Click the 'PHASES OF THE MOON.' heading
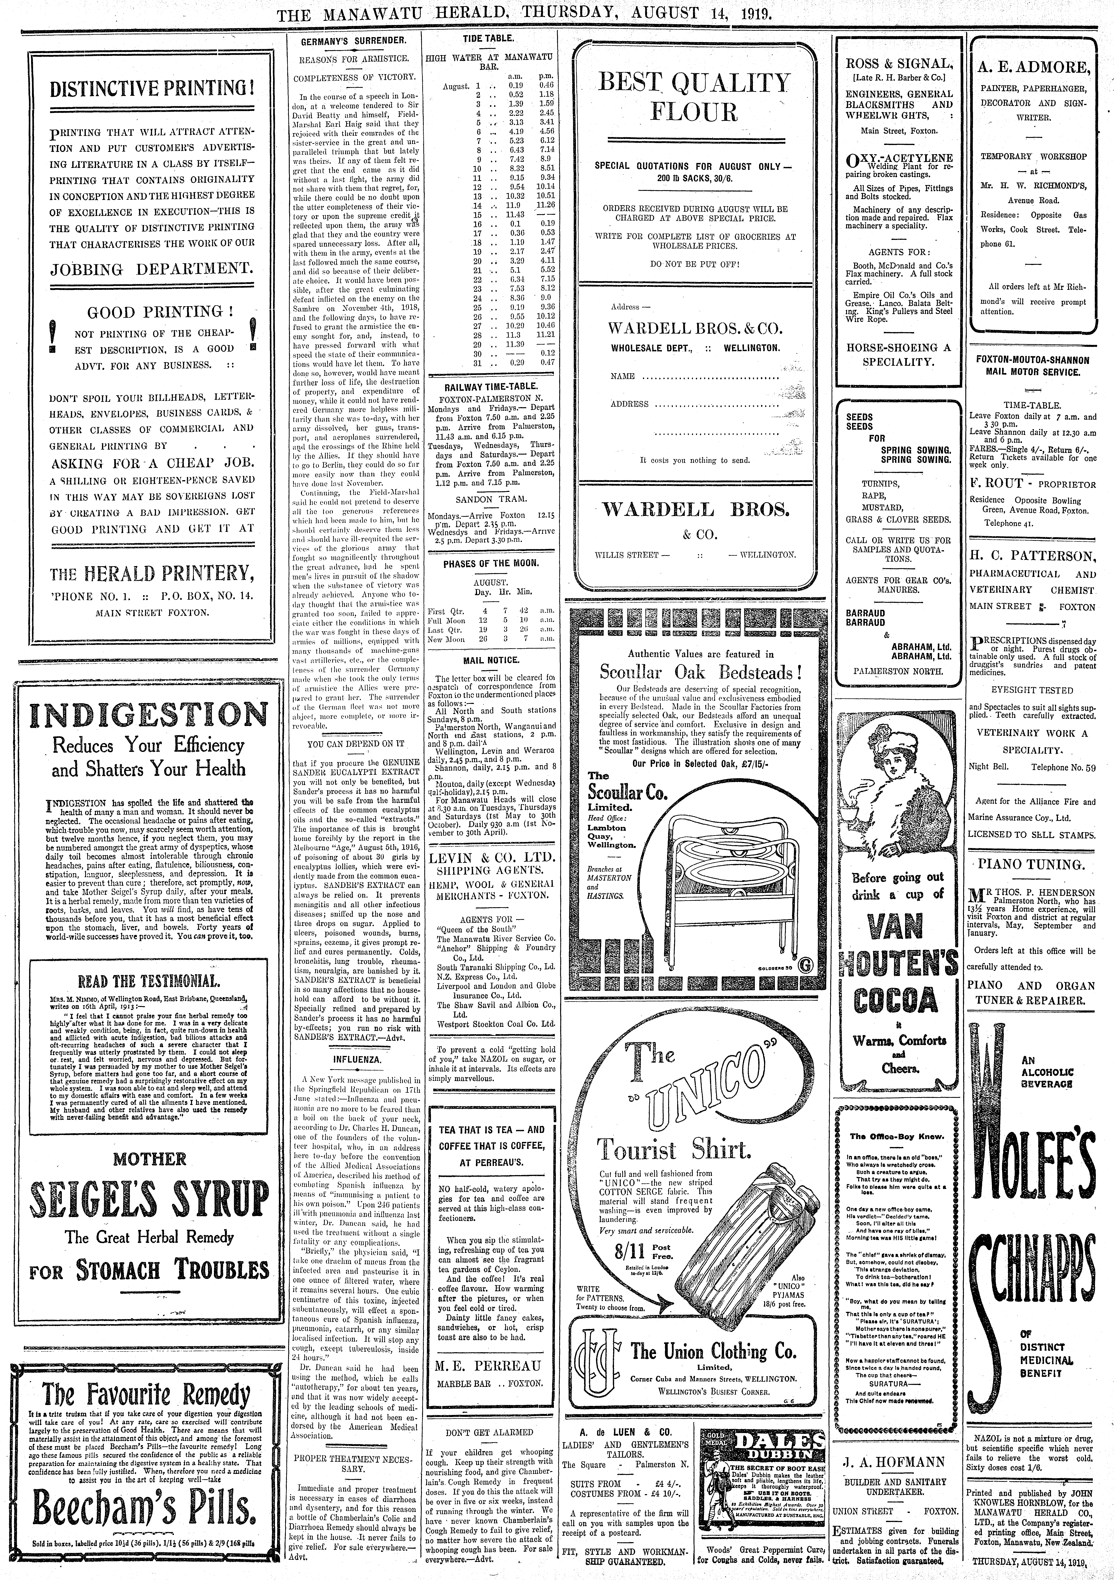coord(491,563)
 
